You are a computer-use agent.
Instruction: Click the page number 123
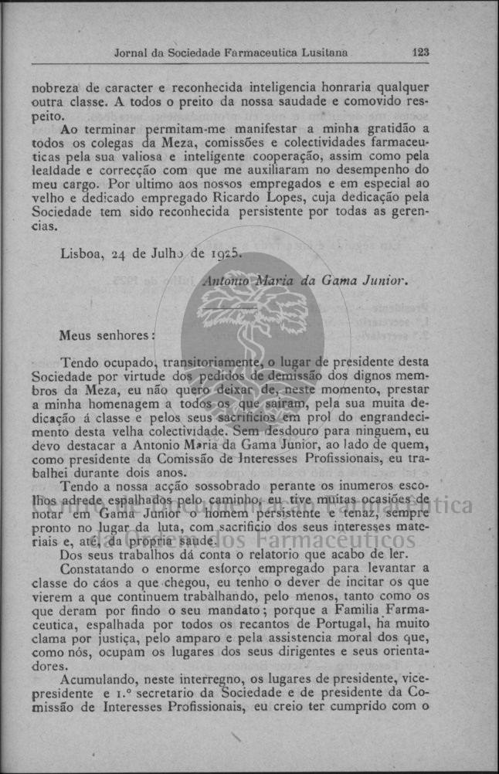421,53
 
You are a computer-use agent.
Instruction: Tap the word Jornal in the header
131,53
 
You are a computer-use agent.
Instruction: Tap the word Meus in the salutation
76,336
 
